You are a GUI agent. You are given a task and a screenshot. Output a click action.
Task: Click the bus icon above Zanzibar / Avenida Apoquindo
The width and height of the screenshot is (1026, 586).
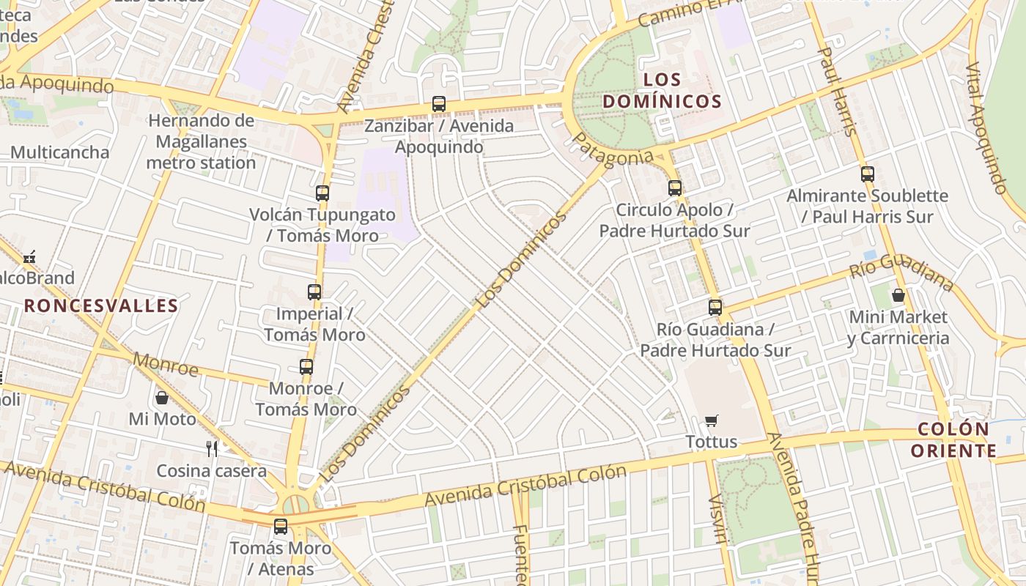439,104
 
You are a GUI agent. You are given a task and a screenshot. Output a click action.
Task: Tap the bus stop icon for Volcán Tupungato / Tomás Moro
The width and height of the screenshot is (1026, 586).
322,193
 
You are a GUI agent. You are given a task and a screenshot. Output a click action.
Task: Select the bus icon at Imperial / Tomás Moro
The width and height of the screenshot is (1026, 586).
314,292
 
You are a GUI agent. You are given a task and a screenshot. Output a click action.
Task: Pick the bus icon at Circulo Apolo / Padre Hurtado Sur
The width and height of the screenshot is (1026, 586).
675,188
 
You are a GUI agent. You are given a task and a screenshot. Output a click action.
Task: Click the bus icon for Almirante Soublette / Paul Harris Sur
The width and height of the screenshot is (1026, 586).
868,174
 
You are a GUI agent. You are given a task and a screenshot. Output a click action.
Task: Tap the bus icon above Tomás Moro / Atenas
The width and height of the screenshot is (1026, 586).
281,526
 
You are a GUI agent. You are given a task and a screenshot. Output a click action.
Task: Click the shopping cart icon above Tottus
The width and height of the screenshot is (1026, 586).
711,420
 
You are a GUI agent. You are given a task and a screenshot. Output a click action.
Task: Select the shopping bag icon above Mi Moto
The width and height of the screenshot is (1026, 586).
162,398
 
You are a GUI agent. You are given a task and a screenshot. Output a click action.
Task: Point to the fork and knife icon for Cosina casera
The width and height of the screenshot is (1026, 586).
212,448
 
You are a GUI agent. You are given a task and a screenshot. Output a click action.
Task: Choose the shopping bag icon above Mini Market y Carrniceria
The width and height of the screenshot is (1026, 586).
898,295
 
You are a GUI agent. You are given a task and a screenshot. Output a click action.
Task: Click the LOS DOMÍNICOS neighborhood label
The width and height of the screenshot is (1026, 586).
663,90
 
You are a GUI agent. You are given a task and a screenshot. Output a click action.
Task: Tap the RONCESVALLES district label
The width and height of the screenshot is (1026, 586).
101,305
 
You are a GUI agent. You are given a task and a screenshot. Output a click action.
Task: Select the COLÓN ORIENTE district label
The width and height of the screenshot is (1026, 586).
953,439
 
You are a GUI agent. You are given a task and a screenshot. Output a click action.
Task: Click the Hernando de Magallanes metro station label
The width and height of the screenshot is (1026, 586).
201,141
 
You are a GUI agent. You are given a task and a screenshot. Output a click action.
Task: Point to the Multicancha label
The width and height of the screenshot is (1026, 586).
59,152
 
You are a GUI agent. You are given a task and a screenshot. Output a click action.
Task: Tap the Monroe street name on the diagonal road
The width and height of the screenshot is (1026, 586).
166,364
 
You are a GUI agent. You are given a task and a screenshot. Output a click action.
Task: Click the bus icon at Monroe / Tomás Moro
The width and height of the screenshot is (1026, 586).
306,367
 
